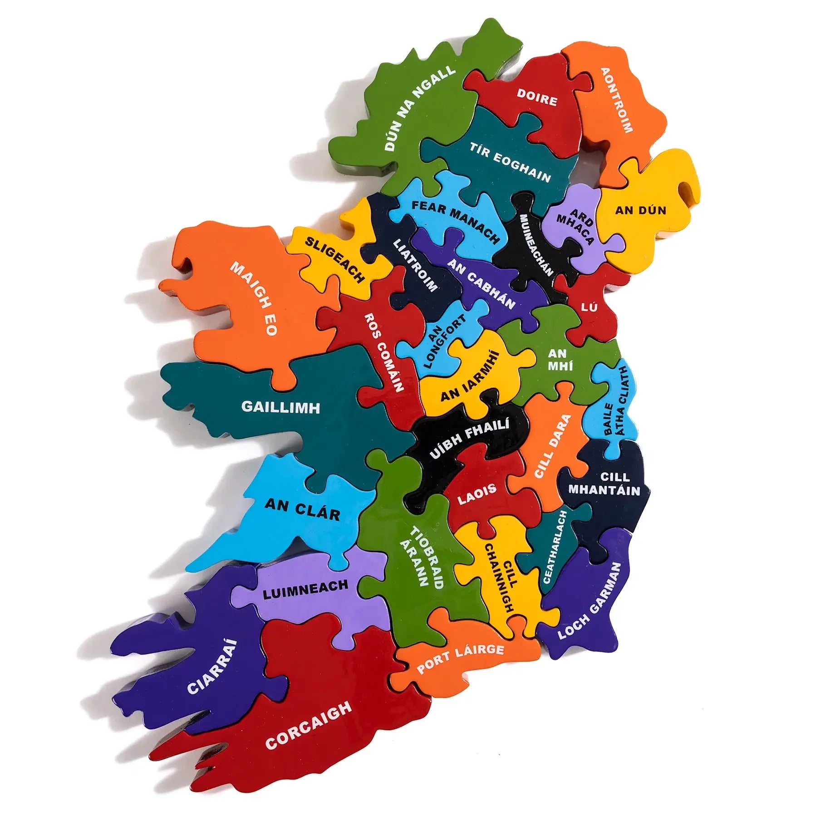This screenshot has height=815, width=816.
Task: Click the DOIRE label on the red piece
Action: click(x=537, y=98)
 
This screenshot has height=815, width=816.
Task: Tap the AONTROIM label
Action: click(x=616, y=101)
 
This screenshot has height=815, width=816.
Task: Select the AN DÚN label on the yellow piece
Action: click(x=640, y=210)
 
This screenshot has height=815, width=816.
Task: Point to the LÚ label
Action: click(x=590, y=307)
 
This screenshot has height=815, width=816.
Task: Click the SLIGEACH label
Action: click(x=334, y=260)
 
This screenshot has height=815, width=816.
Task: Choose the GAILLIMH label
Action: click(x=280, y=407)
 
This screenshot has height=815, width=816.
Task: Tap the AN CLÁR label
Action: click(x=302, y=509)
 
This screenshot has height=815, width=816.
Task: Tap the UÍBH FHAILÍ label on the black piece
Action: click(x=469, y=438)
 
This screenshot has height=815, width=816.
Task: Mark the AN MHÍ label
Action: click(x=557, y=359)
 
